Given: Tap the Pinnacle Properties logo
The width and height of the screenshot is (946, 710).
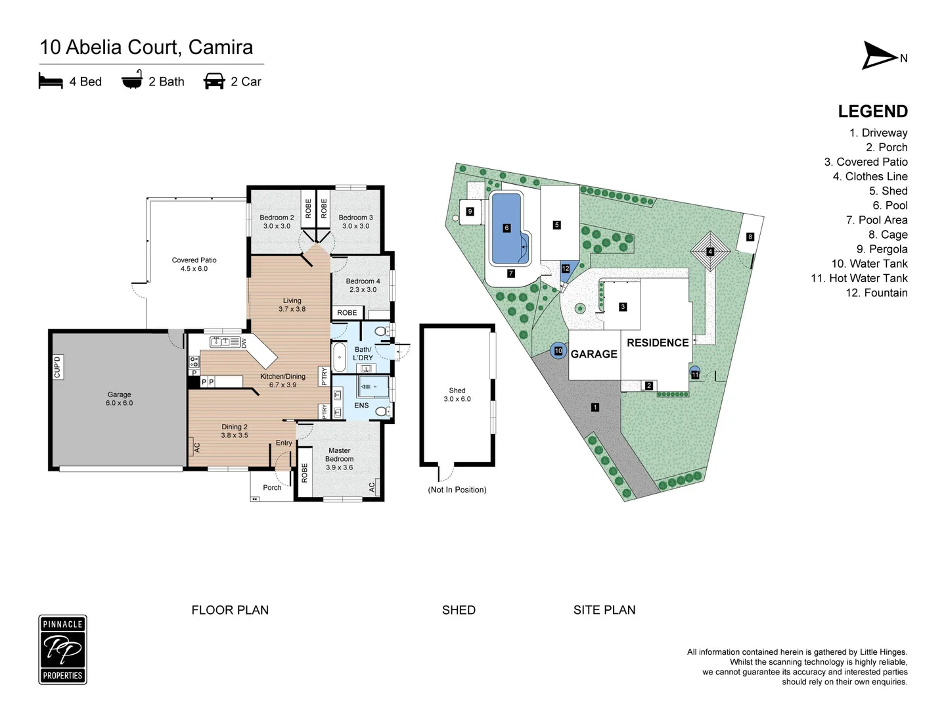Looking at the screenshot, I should click(x=62, y=650).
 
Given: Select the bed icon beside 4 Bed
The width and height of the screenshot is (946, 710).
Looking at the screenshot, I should click(x=51, y=82).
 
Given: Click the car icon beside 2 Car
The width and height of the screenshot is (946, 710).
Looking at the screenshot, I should click(x=214, y=82).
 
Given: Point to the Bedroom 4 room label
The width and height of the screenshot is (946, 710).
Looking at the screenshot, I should click(x=363, y=285).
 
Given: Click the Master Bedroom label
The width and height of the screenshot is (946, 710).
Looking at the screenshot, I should click(x=339, y=459).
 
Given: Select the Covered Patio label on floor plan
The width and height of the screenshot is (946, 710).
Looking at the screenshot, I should click(x=194, y=264).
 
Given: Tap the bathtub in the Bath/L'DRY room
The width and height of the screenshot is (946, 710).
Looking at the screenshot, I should click(x=339, y=358).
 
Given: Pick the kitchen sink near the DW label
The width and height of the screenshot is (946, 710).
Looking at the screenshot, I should click(x=224, y=342).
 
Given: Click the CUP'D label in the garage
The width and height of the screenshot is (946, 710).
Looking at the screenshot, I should click(x=57, y=367).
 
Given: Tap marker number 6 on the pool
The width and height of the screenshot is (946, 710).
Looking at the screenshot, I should click(x=507, y=228).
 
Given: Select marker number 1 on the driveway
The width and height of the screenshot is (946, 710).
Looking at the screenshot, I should click(x=595, y=408).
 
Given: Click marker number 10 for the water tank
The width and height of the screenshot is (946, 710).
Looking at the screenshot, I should click(x=558, y=351).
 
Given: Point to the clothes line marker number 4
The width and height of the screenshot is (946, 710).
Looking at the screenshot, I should click(x=710, y=252).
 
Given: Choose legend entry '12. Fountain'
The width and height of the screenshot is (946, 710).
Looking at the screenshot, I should click(x=876, y=293).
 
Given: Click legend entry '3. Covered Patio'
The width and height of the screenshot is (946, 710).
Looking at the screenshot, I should click(x=866, y=162).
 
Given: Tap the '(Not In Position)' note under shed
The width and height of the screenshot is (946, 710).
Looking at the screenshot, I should click(x=457, y=490).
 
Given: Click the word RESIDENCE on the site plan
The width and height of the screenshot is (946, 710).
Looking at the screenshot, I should click(x=658, y=343).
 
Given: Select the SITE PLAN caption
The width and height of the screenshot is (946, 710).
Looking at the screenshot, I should click(x=604, y=610).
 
